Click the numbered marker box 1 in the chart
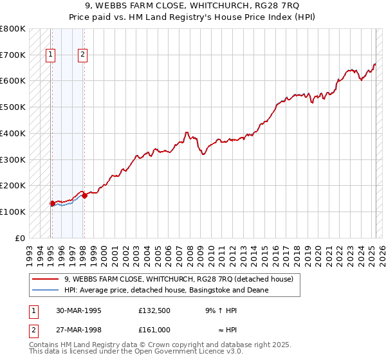[50, 55]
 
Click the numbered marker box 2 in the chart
[83, 55]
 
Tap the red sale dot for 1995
[52, 204]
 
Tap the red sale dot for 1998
[84, 196]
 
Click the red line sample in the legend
[45, 279]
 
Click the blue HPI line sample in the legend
[45, 290]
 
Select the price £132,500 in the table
[154, 310]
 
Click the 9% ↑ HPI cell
[221, 310]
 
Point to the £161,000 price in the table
[154, 330]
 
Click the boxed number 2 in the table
[32, 330]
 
